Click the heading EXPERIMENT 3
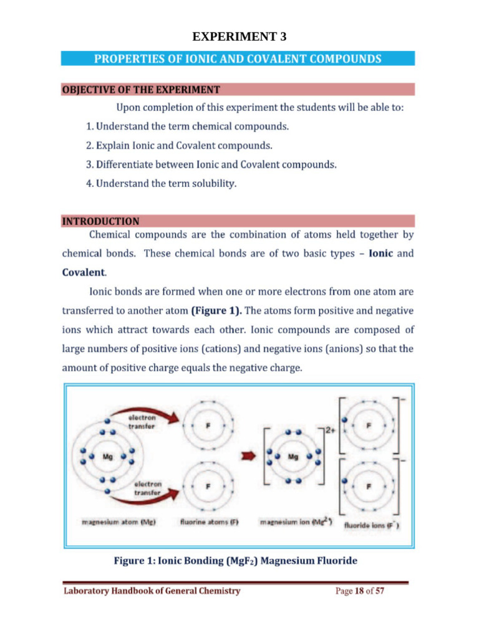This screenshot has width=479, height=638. pos(239,37)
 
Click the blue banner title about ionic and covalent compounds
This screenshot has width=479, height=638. pos(238,59)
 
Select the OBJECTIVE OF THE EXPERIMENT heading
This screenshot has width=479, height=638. pos(140,90)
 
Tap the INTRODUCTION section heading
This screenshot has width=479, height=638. pos(100,221)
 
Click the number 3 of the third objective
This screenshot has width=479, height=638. pos(89,164)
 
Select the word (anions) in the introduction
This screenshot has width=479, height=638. pos(342,349)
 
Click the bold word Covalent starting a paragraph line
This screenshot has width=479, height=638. pos(84,272)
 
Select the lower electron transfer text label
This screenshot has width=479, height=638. pos(148,487)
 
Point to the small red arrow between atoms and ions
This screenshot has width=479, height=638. pos(249,457)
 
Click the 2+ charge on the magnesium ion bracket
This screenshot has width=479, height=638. pos(331,430)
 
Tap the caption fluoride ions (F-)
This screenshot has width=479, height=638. pos(372,525)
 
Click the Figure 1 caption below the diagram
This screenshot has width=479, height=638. pos(235,561)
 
